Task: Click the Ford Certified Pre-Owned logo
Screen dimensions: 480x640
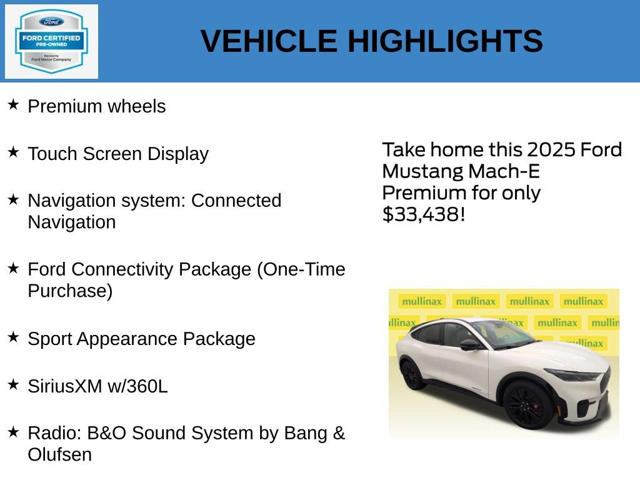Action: pyautogui.click(x=51, y=41)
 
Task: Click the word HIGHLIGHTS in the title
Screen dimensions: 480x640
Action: pyautogui.click(x=445, y=41)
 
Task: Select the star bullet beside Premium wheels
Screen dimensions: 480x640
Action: pyautogui.click(x=13, y=104)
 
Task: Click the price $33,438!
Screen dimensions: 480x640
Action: pyautogui.click(x=423, y=214)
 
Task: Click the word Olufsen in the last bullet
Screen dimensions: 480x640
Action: pyautogui.click(x=59, y=454)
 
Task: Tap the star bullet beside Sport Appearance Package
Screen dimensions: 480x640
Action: pyautogui.click(x=13, y=337)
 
